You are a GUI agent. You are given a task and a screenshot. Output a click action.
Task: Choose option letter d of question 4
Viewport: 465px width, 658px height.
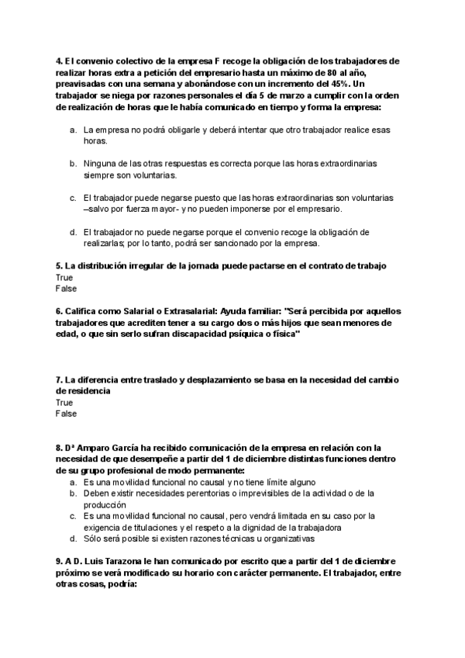pyautogui.click(x=72, y=231)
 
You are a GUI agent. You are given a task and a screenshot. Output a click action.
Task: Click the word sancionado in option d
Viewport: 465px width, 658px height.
pyautogui.click(x=242, y=243)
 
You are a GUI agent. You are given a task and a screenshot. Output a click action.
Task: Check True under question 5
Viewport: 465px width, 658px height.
pyautogui.click(x=64, y=277)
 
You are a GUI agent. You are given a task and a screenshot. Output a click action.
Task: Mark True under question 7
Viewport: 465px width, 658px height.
pyautogui.click(x=64, y=403)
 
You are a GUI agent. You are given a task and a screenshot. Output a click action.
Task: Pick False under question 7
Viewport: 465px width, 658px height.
pyautogui.click(x=65, y=414)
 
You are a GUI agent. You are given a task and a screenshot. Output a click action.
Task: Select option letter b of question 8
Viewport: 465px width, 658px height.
pyautogui.click(x=72, y=493)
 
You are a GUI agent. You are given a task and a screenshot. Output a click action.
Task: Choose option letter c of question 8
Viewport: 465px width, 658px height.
pyautogui.click(x=72, y=515)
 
